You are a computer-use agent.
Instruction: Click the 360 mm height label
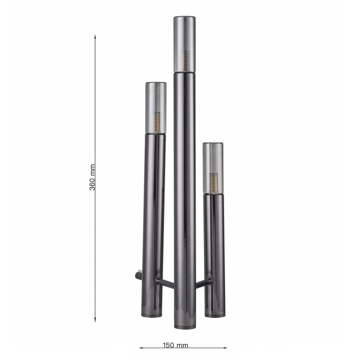click(92, 177)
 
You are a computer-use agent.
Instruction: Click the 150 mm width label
click(175, 345)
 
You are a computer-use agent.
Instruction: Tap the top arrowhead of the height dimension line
click(95, 37)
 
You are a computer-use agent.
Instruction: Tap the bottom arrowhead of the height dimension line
click(95, 320)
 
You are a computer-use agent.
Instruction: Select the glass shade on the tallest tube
click(184, 44)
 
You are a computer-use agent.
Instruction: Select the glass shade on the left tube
click(156, 108)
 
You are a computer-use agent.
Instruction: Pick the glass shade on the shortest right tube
click(213, 169)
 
